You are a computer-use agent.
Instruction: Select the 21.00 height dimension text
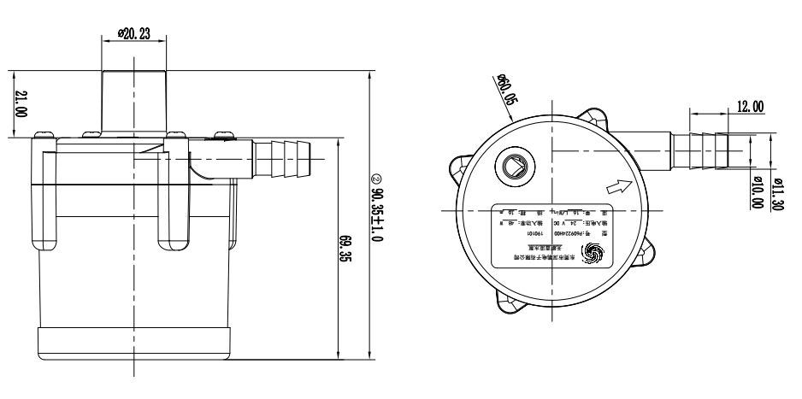click(21, 103)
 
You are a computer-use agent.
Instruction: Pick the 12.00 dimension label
click(750, 106)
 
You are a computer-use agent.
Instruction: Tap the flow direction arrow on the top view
click(616, 185)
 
